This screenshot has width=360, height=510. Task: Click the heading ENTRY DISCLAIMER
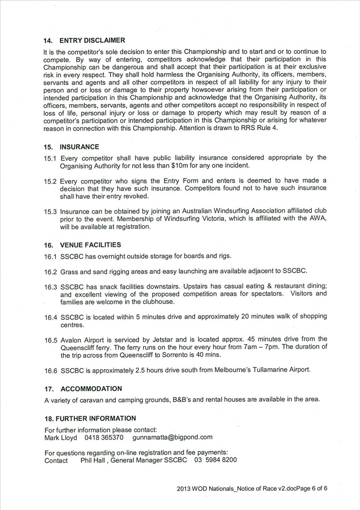[x=92, y=40]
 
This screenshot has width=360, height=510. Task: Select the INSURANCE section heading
[x=79, y=147]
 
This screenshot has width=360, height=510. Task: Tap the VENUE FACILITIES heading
[x=90, y=245]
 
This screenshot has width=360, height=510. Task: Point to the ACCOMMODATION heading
[x=91, y=389]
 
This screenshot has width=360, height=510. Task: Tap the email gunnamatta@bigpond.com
[x=173, y=437]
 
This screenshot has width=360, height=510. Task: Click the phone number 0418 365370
[x=104, y=438]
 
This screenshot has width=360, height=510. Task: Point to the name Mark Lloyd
[x=60, y=438]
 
